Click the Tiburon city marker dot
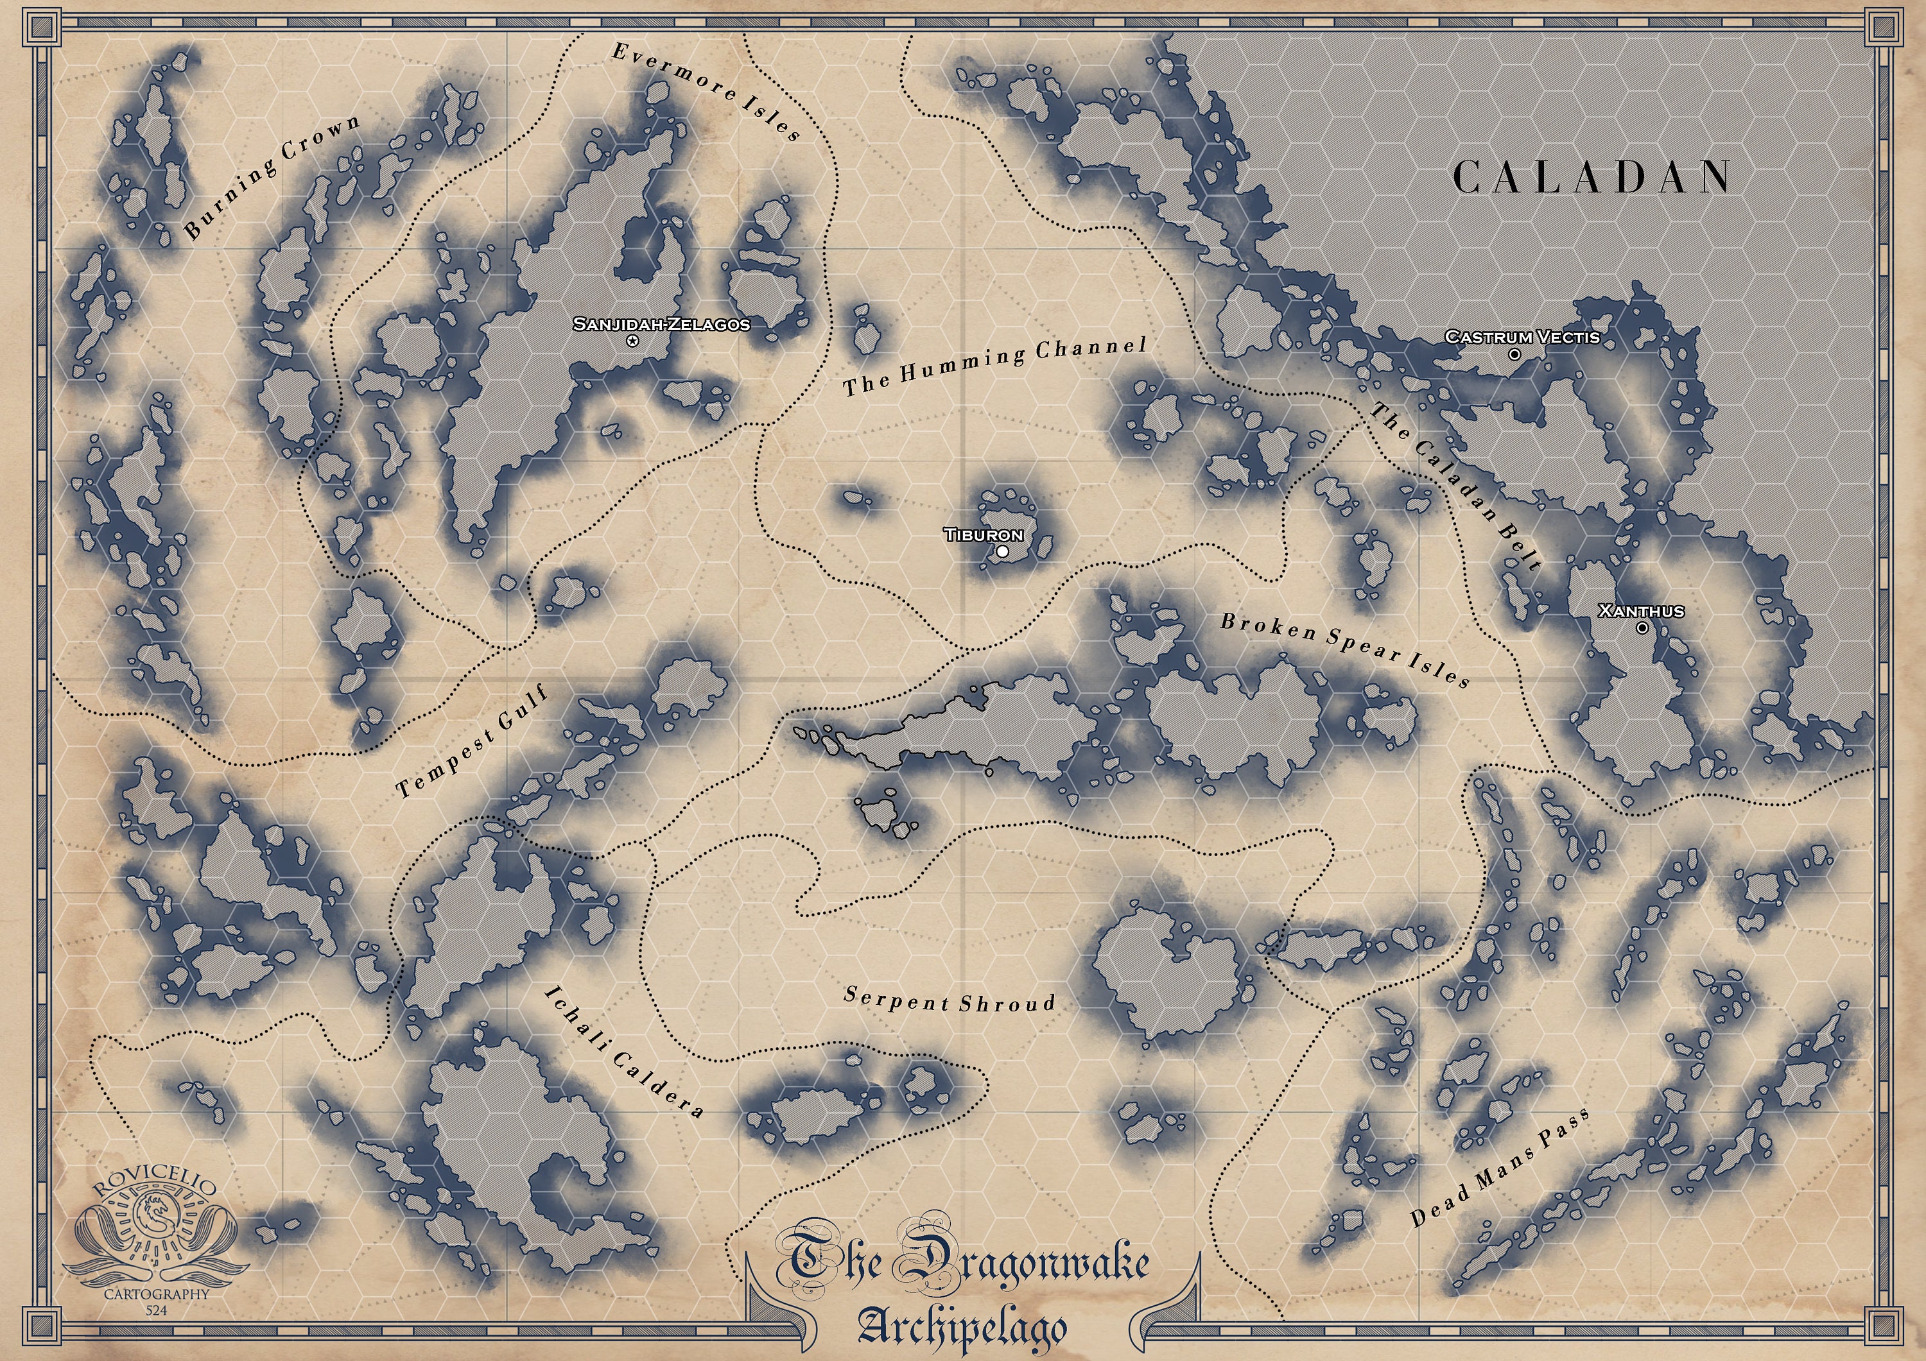pos(1002,552)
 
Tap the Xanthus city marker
pos(1642,628)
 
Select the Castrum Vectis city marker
pos(1514,355)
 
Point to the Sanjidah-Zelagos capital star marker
pos(632,341)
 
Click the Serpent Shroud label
pos(950,1000)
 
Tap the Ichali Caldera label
pos(624,1052)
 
